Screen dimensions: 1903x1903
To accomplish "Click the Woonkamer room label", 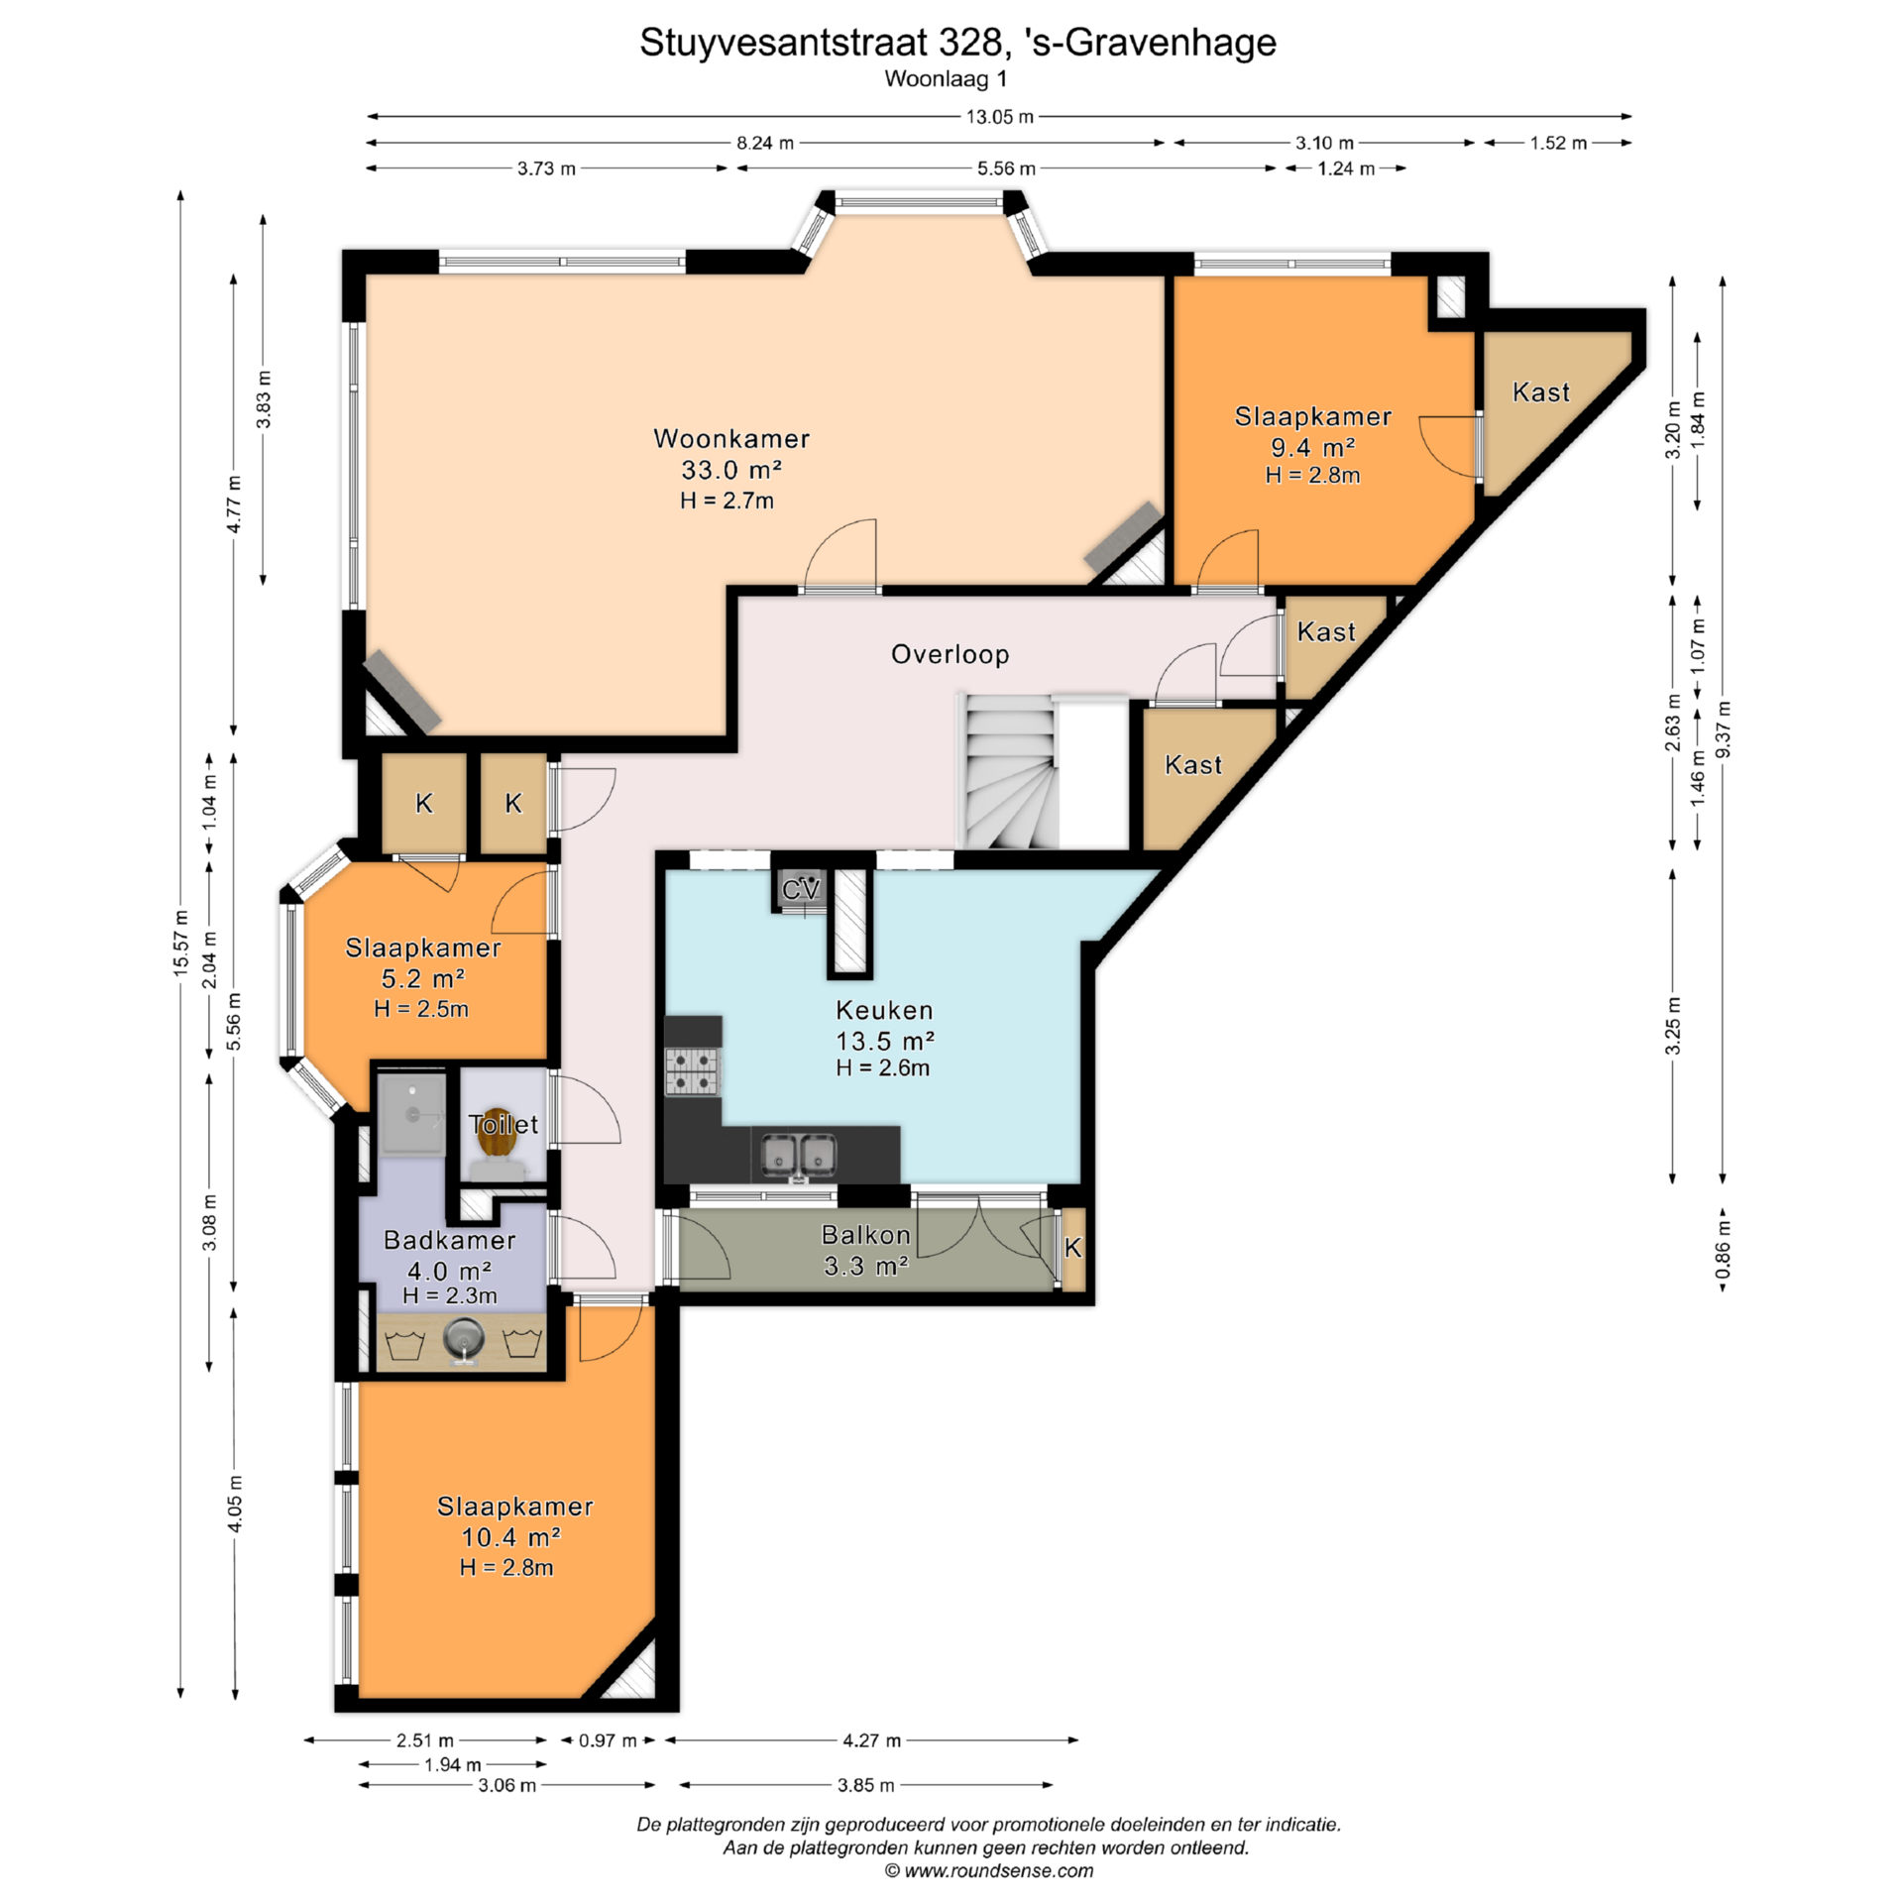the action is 731,438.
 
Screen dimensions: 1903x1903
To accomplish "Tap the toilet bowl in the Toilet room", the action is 497,1133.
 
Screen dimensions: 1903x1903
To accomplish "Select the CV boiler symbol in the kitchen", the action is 801,889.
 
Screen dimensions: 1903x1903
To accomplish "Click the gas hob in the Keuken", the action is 692,1070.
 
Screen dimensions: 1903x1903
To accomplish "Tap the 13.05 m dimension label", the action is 1000,117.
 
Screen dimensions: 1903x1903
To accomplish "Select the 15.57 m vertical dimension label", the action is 180,943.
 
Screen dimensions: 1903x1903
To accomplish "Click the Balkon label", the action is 865,1235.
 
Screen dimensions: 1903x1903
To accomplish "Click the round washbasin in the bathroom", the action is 462,1340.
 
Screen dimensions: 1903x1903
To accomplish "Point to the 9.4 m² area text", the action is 1313,447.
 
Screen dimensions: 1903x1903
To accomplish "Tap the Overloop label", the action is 950,654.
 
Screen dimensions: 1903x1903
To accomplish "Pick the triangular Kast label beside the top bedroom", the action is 1541,392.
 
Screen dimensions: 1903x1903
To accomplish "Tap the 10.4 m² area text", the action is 511,1537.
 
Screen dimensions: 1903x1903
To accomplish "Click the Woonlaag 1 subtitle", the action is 946,78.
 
